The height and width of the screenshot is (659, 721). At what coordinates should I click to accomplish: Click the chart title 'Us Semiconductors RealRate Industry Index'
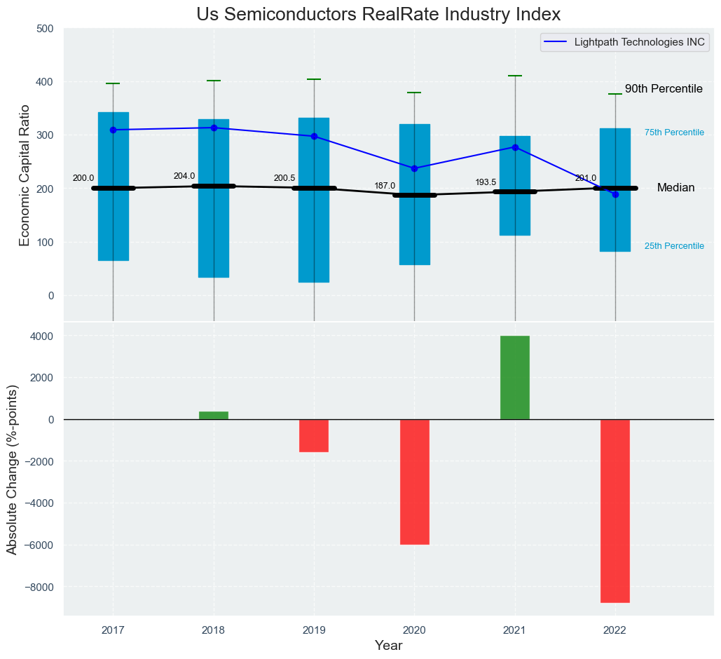(378, 15)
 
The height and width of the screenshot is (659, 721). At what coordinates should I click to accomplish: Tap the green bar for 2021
(515, 377)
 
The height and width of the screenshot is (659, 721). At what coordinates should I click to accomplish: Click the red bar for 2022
(615, 510)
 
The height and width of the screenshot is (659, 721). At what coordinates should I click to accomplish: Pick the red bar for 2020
(414, 482)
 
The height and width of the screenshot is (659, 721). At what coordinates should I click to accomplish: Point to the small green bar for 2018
(214, 415)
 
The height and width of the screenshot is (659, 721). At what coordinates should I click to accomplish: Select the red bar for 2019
(314, 435)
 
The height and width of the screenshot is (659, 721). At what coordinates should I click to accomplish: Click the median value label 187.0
(385, 186)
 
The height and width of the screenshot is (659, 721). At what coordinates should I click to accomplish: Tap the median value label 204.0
(184, 176)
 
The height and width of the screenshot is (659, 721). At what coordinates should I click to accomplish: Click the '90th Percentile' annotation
(664, 89)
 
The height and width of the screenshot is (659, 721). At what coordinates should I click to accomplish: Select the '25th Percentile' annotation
(674, 246)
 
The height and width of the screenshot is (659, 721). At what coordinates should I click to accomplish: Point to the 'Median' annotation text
(675, 188)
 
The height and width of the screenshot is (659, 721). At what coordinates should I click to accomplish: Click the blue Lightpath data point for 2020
(414, 168)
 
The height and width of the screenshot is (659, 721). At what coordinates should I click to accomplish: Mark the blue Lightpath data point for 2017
(113, 130)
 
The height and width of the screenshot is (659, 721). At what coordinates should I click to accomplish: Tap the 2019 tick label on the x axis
(314, 630)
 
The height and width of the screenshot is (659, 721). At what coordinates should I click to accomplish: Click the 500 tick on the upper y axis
(45, 29)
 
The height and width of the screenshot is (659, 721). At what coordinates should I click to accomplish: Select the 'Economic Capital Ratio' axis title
(25, 175)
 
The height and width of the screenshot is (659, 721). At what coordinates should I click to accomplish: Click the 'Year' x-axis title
(388, 646)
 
